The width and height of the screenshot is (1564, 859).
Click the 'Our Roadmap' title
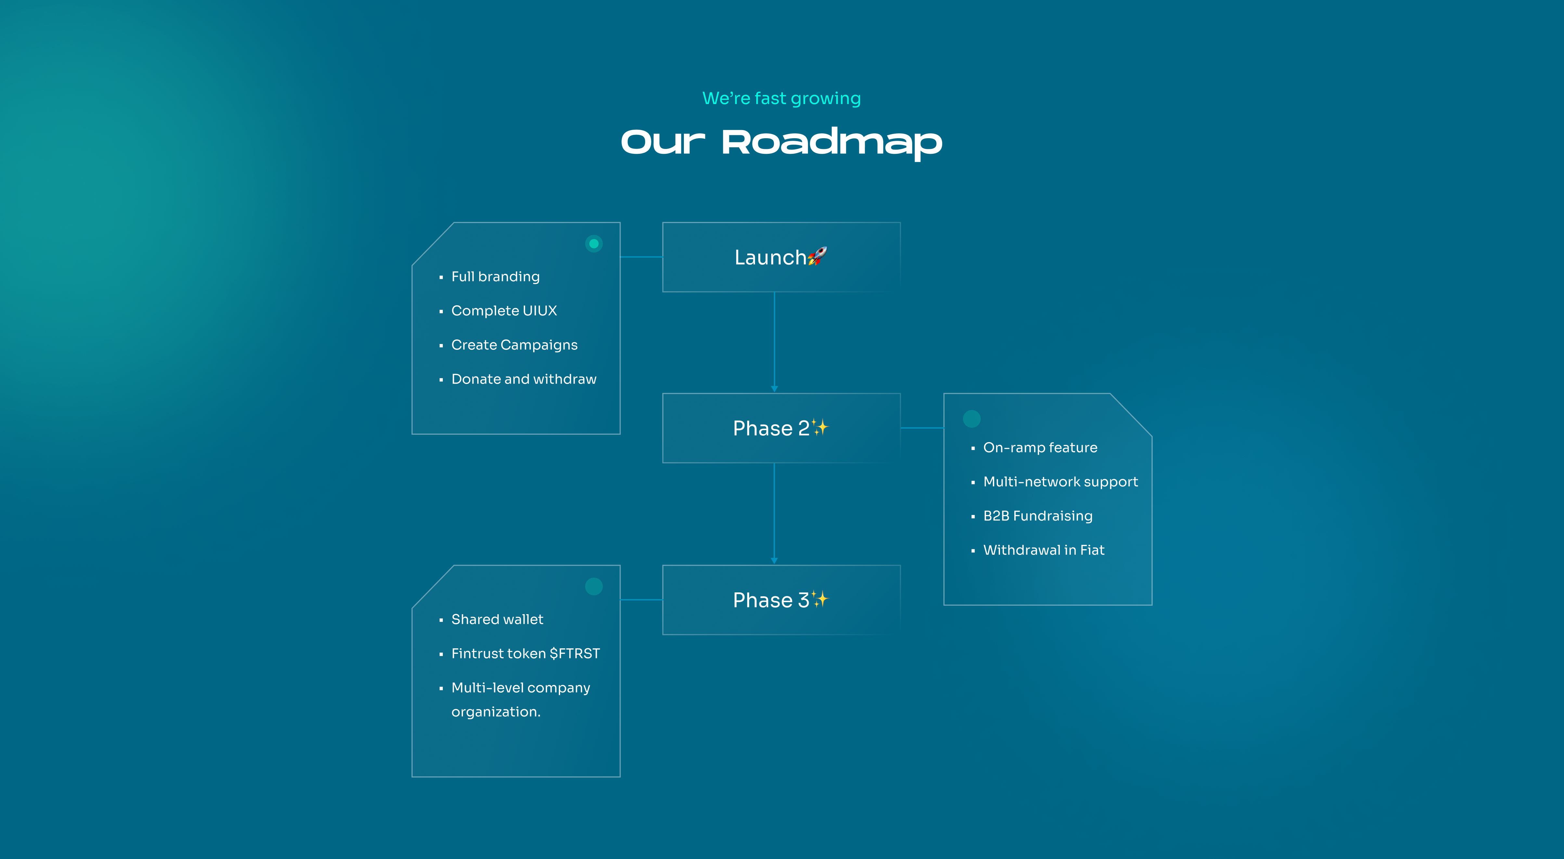click(x=781, y=143)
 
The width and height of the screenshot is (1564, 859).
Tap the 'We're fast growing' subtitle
click(x=781, y=99)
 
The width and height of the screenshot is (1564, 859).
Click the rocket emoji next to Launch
click(x=817, y=256)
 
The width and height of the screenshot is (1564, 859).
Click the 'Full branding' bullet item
click(x=495, y=277)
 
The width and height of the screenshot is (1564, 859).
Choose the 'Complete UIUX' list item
click(x=504, y=311)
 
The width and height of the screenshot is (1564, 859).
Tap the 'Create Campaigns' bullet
click(x=514, y=345)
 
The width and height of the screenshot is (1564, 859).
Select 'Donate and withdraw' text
click(x=524, y=379)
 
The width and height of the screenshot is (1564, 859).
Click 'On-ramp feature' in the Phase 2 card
click(x=1040, y=448)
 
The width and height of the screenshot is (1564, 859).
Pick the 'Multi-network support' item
click(x=1060, y=482)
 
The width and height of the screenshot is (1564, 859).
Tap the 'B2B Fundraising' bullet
click(x=1038, y=516)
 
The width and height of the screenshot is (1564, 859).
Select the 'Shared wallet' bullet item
click(x=497, y=620)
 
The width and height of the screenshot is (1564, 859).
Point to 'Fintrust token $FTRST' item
click(x=525, y=654)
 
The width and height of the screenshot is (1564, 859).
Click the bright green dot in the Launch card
click(x=594, y=244)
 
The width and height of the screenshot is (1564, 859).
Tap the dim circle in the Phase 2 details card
click(x=971, y=418)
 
